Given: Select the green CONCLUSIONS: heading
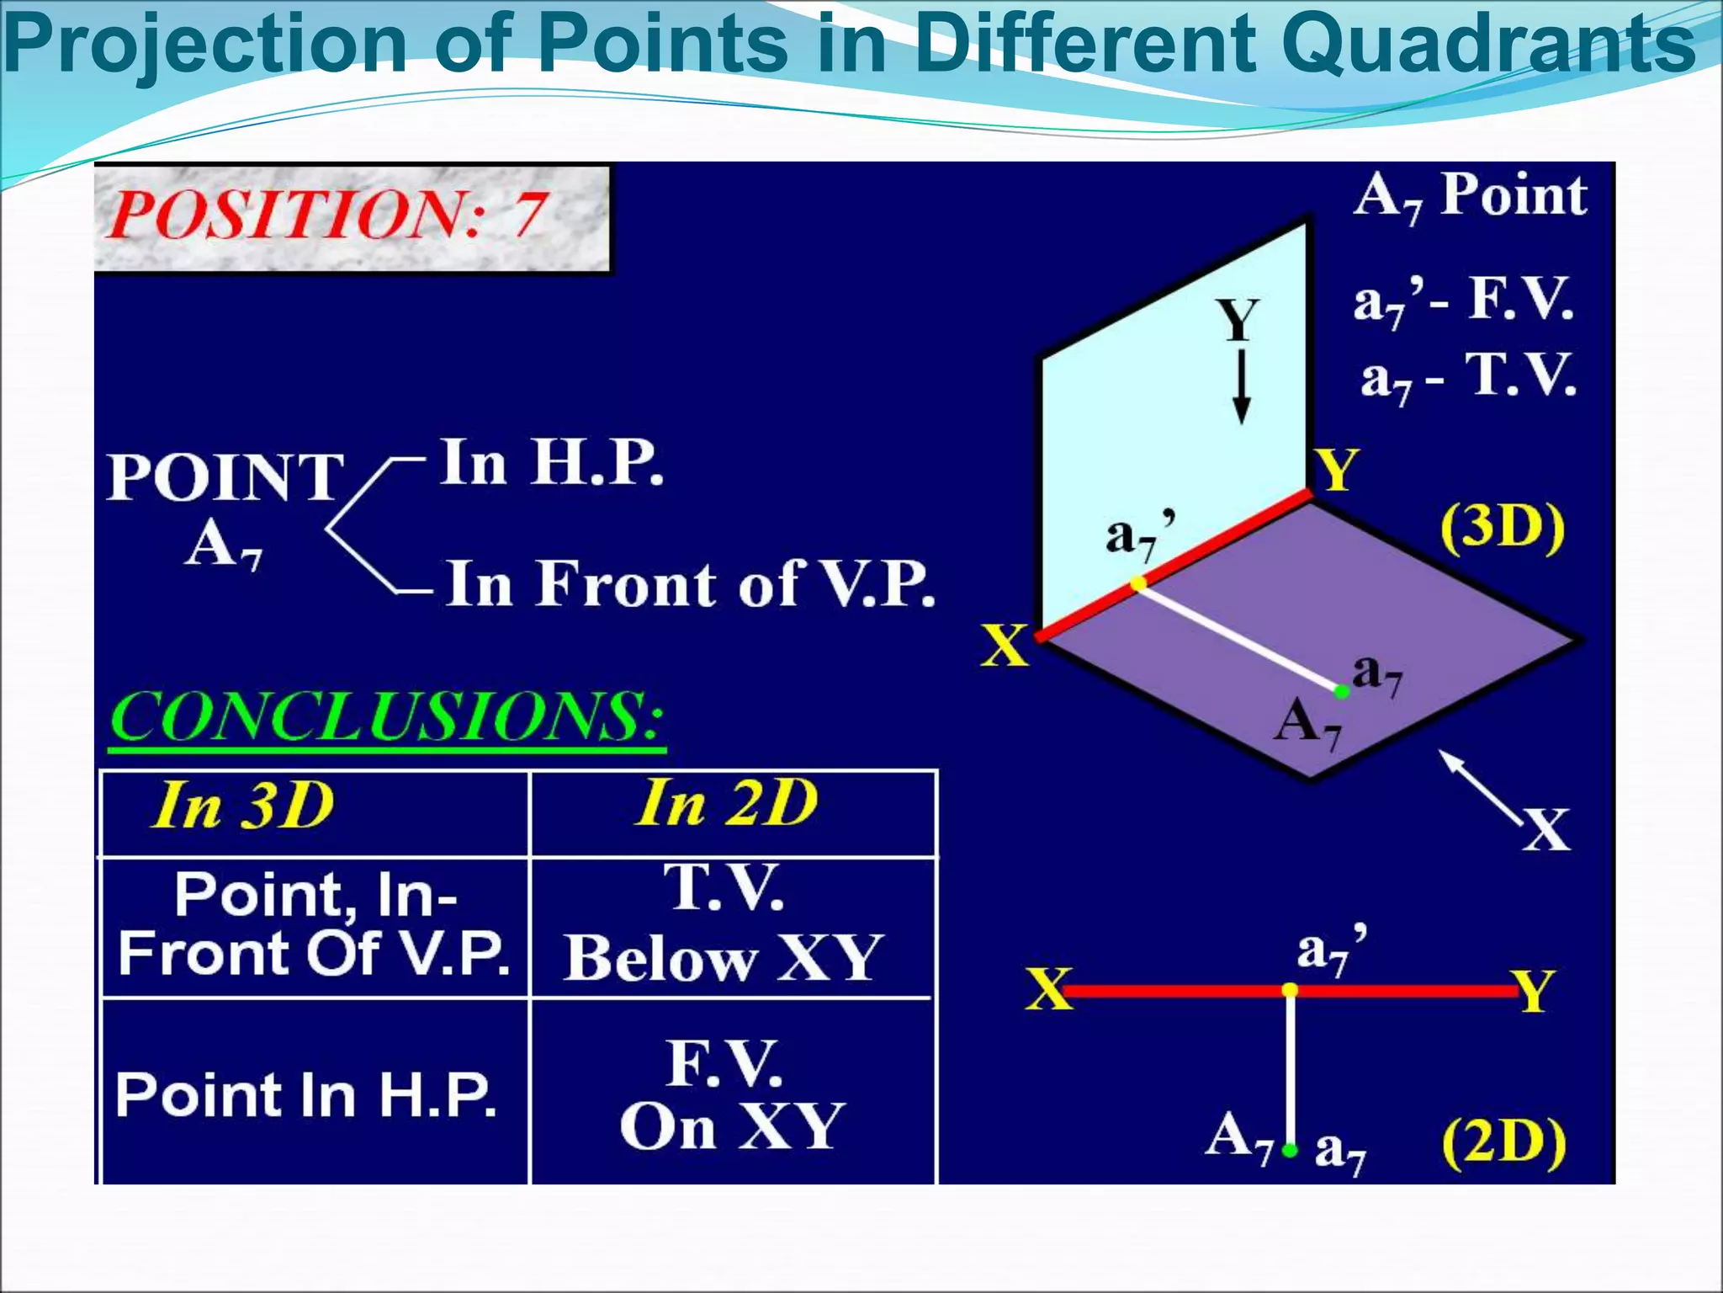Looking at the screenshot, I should pos(387,718).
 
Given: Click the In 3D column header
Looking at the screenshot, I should pos(244,806).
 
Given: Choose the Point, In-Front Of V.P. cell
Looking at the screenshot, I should pos(314,924).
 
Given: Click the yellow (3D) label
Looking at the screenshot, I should pos(1503,529).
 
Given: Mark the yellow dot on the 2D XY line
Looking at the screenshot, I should pos(1290,991).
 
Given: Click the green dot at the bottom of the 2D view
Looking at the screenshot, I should pos(1290,1150).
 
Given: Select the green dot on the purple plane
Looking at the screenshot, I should pos(1342,692).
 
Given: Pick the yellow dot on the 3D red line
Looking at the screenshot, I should pos(1138,583).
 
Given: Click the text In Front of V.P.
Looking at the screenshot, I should pos(690,583).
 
